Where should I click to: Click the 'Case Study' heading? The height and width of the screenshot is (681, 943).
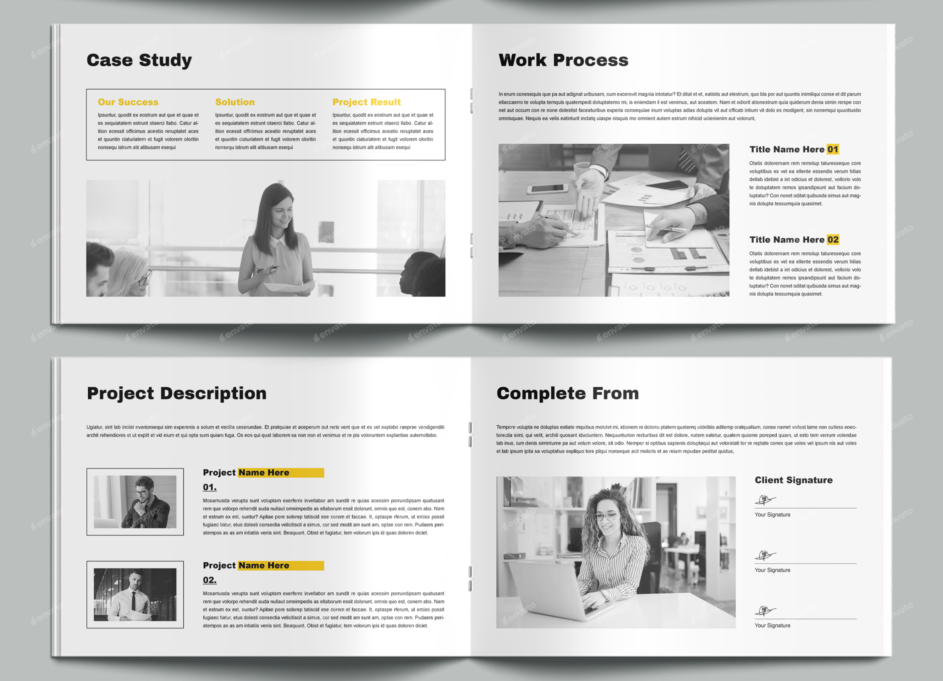(139, 60)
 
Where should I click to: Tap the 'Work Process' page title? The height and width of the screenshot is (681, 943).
(563, 60)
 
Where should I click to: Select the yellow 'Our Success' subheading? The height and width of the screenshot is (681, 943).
(128, 102)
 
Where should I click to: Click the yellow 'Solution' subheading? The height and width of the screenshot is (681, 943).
(235, 102)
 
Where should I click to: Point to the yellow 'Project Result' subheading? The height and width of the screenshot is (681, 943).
(366, 102)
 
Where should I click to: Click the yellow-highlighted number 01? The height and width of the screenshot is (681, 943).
(832, 149)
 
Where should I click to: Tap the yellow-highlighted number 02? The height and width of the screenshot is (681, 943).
(832, 240)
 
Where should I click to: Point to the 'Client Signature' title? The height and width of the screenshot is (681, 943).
(793, 480)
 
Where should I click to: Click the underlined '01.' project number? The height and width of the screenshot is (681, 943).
(210, 487)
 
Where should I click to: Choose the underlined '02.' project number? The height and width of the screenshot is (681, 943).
(210, 580)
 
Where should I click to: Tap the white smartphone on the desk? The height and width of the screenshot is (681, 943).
(547, 188)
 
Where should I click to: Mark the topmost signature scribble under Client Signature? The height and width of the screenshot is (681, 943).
(765, 500)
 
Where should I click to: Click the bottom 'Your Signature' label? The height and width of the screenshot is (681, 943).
(772, 626)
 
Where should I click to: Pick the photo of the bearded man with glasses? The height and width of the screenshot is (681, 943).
(135, 502)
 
